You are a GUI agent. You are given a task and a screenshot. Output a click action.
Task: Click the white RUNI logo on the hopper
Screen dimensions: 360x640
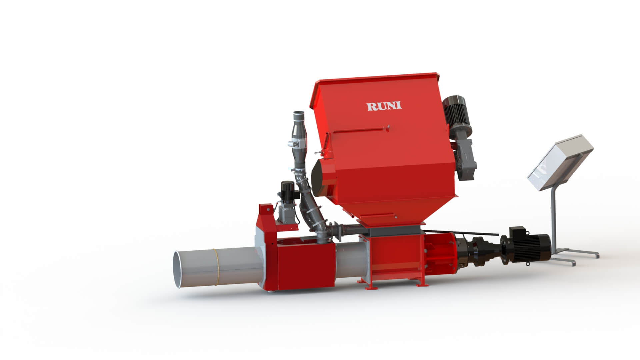click(x=384, y=106)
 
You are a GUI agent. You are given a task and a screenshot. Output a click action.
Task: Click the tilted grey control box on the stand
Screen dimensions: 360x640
click(x=560, y=163)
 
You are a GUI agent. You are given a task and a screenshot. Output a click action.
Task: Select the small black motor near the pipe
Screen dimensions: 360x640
click(x=286, y=192)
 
